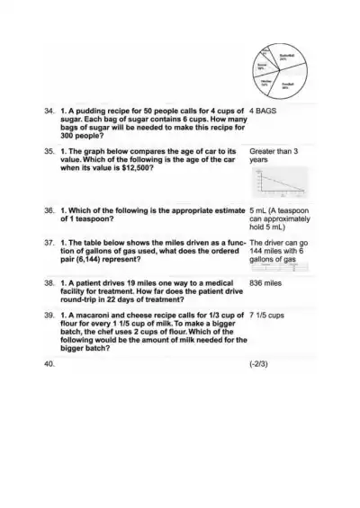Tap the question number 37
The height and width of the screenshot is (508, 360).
click(49, 243)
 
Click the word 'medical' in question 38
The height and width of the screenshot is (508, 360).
click(220, 282)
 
